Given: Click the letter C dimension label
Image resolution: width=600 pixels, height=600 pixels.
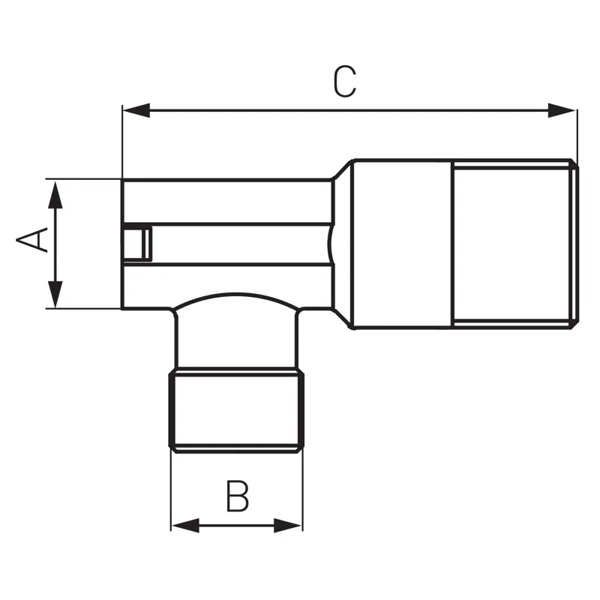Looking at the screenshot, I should [344, 82].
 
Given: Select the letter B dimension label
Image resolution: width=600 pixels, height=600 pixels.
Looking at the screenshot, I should [237, 497].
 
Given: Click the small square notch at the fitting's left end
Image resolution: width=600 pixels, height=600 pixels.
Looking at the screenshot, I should [136, 243].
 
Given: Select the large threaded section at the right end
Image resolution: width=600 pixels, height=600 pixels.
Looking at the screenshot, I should [514, 244].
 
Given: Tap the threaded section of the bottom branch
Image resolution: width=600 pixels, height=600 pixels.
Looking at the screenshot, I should [237, 409].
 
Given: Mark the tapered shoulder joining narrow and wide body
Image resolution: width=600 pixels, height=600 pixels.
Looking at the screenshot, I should [343, 244].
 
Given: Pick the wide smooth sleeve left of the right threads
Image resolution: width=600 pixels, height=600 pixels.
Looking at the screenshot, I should [403, 244].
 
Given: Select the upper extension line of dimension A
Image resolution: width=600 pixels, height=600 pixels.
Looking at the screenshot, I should [82, 179].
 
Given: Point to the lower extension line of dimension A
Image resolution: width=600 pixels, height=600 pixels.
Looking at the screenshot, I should [82, 308].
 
